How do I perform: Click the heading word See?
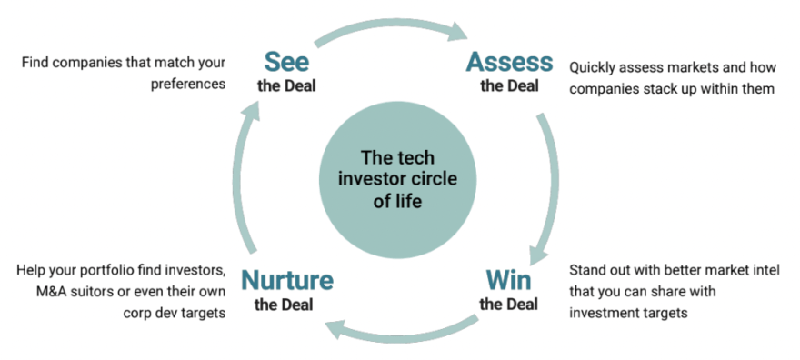point(286,62)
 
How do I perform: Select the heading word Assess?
point(509,62)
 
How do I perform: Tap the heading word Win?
point(509,280)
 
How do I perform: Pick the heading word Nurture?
point(287,280)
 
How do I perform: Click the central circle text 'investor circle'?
point(398,179)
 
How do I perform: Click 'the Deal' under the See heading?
point(286,85)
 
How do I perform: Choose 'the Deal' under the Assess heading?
point(509,85)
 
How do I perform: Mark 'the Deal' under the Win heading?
point(509,305)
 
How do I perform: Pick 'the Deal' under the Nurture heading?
point(284,305)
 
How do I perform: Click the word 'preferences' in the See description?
point(188,85)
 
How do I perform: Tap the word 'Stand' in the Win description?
point(585,270)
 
